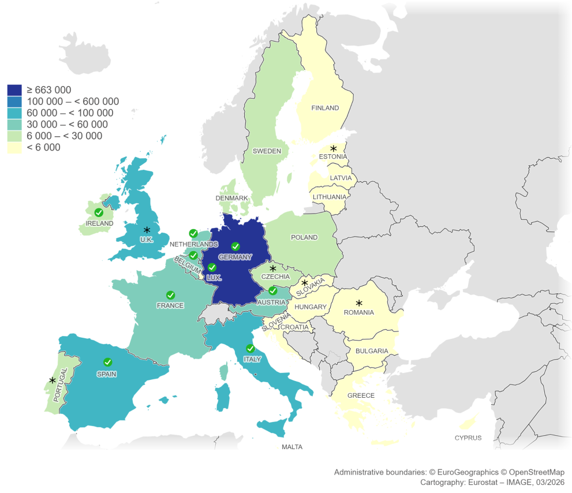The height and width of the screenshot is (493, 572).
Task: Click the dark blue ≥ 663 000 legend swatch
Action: tap(14, 90)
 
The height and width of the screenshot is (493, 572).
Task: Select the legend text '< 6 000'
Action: tap(43, 148)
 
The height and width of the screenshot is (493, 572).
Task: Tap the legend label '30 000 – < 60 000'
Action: tap(67, 125)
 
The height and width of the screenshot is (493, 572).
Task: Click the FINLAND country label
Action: tap(325, 108)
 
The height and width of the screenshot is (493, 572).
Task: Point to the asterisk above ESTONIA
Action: tap(333, 148)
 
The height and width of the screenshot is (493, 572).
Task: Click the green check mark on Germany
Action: tap(235, 246)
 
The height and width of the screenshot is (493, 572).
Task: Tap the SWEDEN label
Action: tap(267, 151)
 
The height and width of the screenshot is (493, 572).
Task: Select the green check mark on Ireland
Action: tap(99, 213)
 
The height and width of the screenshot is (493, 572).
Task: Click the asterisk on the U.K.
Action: tap(147, 230)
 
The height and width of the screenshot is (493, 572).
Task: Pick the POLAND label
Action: tap(304, 237)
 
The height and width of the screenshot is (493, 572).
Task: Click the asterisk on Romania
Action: tap(358, 302)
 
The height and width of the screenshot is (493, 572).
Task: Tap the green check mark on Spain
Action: tap(107, 362)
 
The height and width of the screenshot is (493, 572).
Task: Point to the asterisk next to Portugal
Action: tap(53, 380)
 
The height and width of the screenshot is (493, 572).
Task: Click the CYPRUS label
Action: tap(468, 438)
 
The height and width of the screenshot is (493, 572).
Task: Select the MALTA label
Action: tap(291, 447)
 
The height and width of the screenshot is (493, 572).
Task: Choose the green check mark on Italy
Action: tap(250, 349)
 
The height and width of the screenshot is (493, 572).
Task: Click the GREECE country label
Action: tap(361, 395)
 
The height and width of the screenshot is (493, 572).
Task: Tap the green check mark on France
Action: tap(170, 295)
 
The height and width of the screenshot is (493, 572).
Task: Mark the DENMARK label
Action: tap(231, 198)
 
